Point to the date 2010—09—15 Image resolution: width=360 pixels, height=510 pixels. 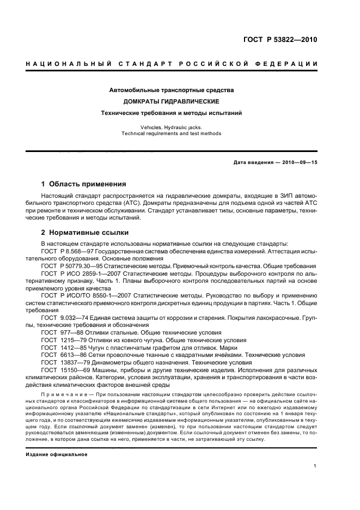(x=299, y=163)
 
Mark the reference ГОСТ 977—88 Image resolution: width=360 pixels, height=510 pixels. (x=60, y=332)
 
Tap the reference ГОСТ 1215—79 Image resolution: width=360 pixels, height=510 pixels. (x=60, y=339)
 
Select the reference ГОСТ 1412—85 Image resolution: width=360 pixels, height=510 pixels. (x=60, y=347)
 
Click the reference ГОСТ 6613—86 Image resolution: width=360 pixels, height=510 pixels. (x=60, y=355)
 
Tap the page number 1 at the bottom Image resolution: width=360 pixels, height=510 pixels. (x=315, y=466)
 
